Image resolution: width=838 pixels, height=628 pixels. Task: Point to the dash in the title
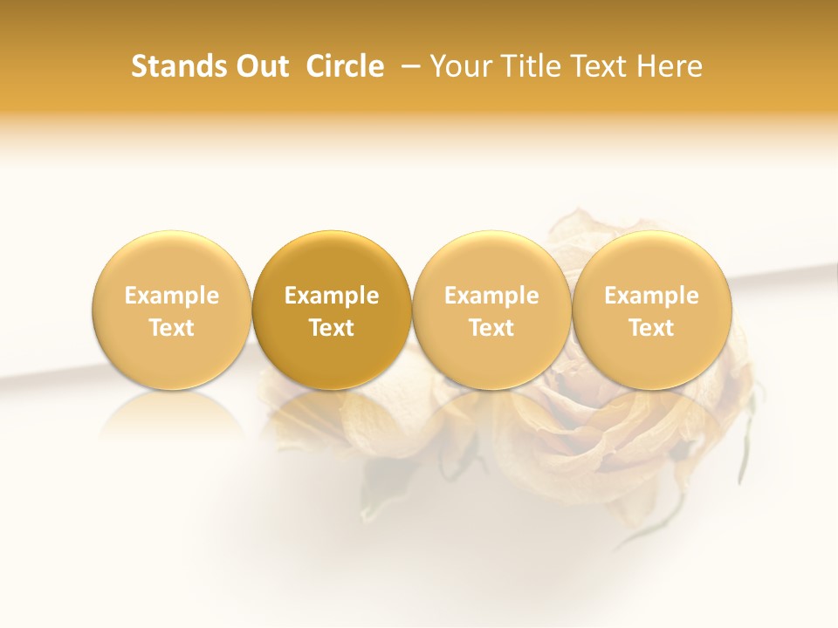coord(407,66)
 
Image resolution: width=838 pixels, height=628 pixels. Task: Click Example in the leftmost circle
coord(172,296)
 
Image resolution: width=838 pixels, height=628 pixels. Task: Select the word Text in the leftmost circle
coord(172,328)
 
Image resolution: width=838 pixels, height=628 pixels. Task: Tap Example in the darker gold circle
coord(332,296)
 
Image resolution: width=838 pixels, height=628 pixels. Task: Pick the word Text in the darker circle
coord(332,328)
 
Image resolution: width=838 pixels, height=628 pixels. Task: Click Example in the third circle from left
coord(491,296)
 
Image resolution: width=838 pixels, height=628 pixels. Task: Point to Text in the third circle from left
coord(491,328)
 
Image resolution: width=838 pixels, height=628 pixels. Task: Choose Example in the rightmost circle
coord(651,296)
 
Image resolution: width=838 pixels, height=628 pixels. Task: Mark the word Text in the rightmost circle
coord(651,328)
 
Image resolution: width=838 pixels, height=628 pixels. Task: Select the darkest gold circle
coord(332,262)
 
